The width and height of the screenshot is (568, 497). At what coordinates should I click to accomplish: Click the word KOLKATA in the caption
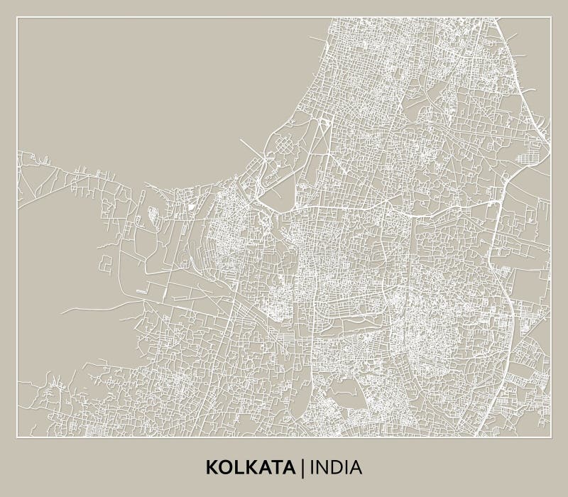[x=252, y=467]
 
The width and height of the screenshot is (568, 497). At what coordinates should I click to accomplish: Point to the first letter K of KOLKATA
[x=212, y=467]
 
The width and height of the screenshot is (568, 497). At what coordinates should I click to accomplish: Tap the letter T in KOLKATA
[x=278, y=467]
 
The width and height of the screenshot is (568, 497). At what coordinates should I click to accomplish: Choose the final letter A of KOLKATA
[x=291, y=467]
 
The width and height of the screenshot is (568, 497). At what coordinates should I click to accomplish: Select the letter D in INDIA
[x=337, y=467]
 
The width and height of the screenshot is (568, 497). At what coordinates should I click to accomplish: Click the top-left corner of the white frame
[x=18, y=17]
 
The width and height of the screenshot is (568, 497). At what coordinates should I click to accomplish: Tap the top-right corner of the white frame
[x=551, y=17]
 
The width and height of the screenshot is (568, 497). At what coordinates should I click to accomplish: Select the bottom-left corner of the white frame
[x=18, y=437]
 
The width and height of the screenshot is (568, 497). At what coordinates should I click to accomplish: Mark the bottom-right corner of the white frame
[x=551, y=437]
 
